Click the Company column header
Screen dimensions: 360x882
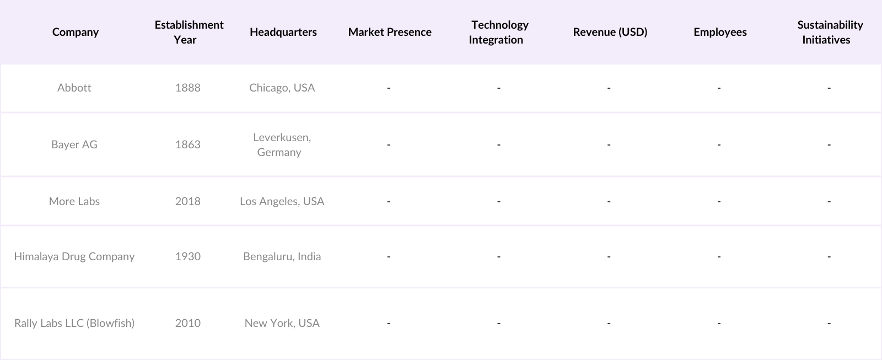pos(76,32)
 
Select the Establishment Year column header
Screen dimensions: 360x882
pos(189,32)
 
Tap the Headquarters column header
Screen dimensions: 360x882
pos(283,32)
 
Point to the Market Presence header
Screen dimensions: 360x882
pos(390,32)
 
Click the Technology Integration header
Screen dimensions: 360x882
pos(498,32)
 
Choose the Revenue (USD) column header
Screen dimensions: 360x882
pos(610,32)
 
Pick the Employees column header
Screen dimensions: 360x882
pos(720,32)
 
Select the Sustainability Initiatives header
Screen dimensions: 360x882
pos(829,32)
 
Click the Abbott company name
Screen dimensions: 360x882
pos(74,88)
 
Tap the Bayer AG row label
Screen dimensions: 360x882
pos(74,144)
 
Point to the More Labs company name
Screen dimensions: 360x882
pos(74,201)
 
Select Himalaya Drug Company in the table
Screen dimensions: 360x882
pos(74,256)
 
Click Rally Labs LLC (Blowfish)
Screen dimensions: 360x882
pos(74,323)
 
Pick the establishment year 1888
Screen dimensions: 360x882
pos(188,88)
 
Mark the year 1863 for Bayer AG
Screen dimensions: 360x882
pos(188,144)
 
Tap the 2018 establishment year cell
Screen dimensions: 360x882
pos(188,201)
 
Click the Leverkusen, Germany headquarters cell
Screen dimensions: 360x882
pos(282,144)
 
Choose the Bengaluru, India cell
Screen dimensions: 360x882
pos(282,256)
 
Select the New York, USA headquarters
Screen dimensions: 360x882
pos(282,323)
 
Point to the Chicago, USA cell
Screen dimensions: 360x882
pos(282,88)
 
